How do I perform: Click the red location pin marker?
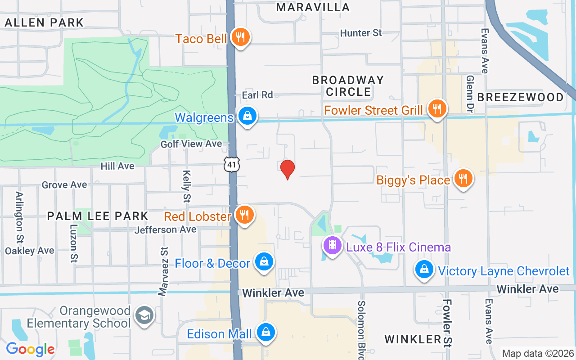coord(288,169)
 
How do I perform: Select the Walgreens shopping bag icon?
coord(247,116)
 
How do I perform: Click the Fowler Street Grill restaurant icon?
coord(436,108)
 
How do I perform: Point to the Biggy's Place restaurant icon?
coord(463,179)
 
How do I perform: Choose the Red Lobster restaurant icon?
coord(244,215)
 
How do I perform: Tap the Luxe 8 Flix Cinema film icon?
coord(333,245)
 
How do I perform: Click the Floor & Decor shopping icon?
coord(264,261)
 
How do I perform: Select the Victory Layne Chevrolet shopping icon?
coord(424,270)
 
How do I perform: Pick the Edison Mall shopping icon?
coord(266,333)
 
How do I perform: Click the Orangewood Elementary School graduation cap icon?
coord(144,315)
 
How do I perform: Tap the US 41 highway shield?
coord(232,165)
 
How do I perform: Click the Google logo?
coord(31,349)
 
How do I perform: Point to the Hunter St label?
coord(361,33)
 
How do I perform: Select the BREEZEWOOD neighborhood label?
coord(520,97)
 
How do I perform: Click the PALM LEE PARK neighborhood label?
coord(98,216)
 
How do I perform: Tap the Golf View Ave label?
coord(191,144)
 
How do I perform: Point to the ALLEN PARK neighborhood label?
coord(44,22)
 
